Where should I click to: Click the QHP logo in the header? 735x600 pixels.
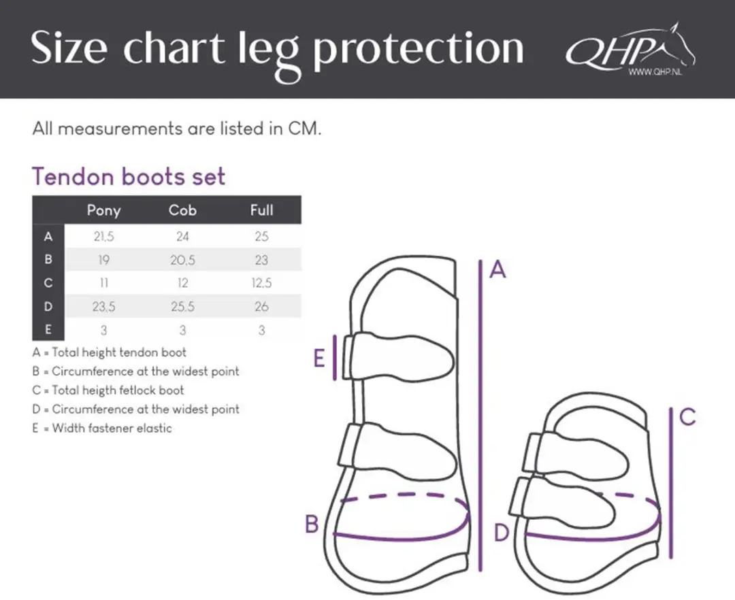(x=630, y=50)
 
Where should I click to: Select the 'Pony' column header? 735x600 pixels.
(x=103, y=211)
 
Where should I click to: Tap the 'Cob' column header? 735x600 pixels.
(x=182, y=210)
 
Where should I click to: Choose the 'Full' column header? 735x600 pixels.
(x=261, y=210)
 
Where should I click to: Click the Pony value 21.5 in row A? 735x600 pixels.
(x=103, y=237)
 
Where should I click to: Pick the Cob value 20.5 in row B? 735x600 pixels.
(x=182, y=260)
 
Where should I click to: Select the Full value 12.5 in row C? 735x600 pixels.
(x=261, y=283)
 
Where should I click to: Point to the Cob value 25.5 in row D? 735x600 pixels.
(x=182, y=307)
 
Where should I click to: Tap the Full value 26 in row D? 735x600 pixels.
(x=261, y=307)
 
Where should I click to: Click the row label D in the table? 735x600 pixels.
(x=48, y=307)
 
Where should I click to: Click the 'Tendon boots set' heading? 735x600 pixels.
(x=129, y=177)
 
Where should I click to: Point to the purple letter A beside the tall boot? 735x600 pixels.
(x=497, y=269)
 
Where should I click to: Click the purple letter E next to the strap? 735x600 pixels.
(x=318, y=359)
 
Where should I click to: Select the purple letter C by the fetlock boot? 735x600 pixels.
(x=687, y=416)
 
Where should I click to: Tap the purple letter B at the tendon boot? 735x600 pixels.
(x=312, y=524)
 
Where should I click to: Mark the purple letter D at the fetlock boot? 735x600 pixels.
(x=502, y=533)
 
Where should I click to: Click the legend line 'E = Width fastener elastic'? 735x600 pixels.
(x=102, y=428)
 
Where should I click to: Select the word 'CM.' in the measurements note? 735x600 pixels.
(x=305, y=129)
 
